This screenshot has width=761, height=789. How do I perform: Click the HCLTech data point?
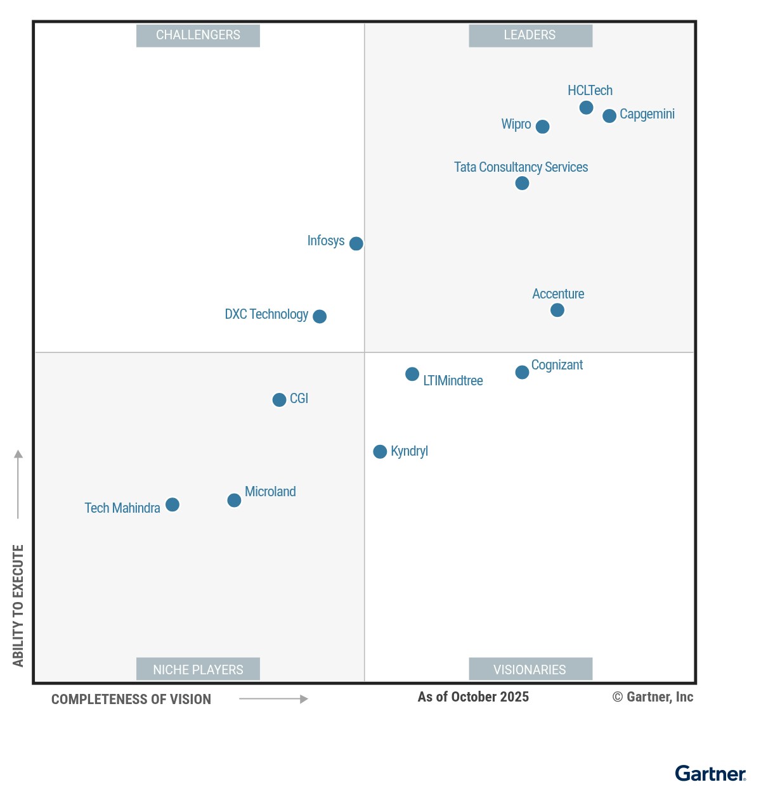(x=586, y=108)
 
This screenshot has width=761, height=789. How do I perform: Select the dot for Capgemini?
(x=609, y=116)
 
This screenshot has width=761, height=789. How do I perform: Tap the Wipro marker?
(x=542, y=127)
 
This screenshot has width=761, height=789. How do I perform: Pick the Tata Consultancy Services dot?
(x=522, y=183)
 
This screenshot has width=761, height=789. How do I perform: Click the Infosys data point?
(x=356, y=243)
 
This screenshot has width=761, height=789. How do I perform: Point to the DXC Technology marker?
(x=320, y=316)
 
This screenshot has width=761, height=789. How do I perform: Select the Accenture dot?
(x=557, y=310)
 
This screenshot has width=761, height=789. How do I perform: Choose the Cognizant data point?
(x=522, y=372)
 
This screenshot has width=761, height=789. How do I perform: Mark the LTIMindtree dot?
(x=412, y=374)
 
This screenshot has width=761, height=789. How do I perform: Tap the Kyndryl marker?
(x=380, y=451)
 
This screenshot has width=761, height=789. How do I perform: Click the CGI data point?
(x=279, y=400)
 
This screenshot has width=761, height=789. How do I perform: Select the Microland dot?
(x=234, y=501)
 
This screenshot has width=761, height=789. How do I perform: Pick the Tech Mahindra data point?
(x=172, y=504)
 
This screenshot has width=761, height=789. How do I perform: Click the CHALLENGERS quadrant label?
(x=198, y=35)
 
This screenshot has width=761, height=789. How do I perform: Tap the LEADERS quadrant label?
(x=530, y=35)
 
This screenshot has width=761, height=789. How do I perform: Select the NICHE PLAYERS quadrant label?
(x=198, y=669)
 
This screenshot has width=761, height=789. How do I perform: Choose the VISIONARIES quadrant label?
(x=530, y=669)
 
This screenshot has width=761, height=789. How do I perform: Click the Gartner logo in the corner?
(x=710, y=773)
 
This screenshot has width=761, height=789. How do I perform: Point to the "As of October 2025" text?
(x=473, y=697)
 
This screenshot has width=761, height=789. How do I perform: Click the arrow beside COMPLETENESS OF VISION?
(x=273, y=699)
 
